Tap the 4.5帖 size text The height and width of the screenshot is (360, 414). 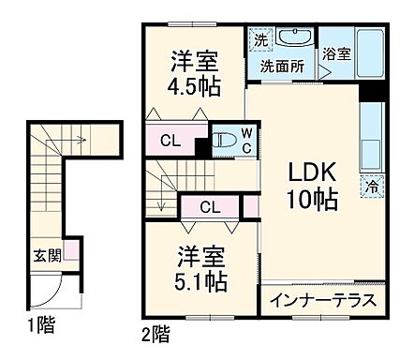pyautogui.click(x=194, y=87)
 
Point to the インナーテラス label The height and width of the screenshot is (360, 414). pyautogui.click(x=324, y=301)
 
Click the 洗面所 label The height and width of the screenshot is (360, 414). pyautogui.click(x=280, y=67)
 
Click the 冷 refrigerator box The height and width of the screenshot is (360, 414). pyautogui.click(x=372, y=187)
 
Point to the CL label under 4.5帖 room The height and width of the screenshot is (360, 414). pyautogui.click(x=169, y=142)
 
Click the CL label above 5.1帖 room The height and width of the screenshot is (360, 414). pyautogui.click(x=210, y=207)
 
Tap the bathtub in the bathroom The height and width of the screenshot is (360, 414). pyautogui.click(x=367, y=54)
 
